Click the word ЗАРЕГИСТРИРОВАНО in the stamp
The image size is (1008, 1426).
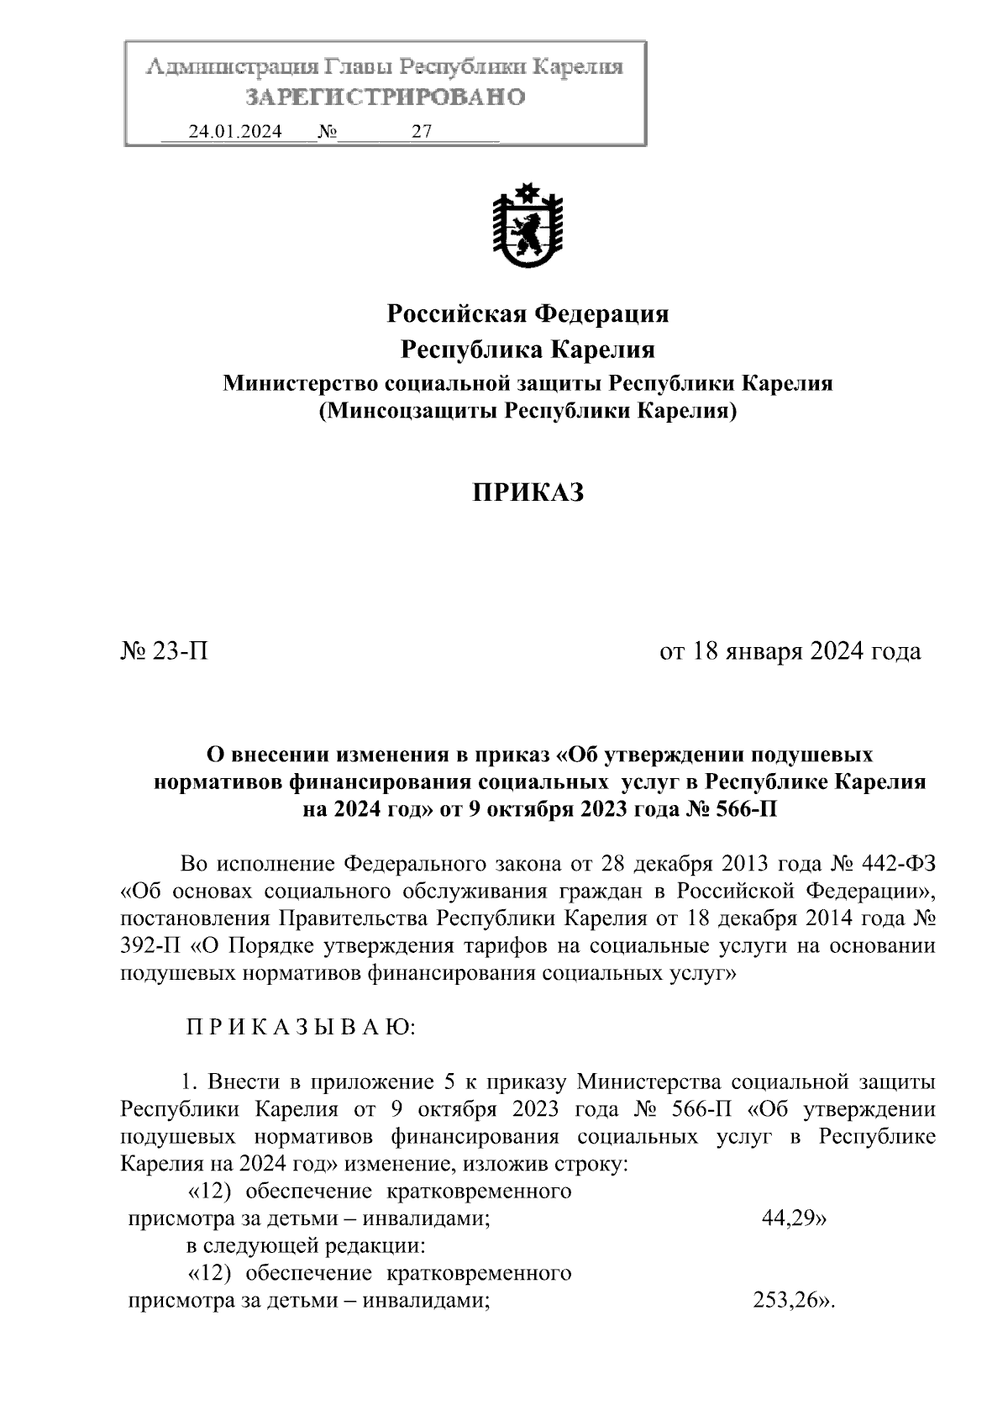click(x=386, y=97)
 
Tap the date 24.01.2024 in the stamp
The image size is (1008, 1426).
click(x=235, y=132)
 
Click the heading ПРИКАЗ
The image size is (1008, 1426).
click(x=527, y=493)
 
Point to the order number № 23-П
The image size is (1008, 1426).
click(x=165, y=651)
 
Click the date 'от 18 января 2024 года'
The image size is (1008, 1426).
click(x=790, y=651)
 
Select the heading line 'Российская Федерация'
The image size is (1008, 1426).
click(x=527, y=314)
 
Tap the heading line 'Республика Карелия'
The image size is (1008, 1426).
click(x=527, y=349)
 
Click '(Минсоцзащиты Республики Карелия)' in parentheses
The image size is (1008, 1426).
click(x=527, y=412)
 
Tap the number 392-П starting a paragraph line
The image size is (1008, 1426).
click(x=150, y=946)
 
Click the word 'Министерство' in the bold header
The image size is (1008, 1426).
click(x=298, y=384)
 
